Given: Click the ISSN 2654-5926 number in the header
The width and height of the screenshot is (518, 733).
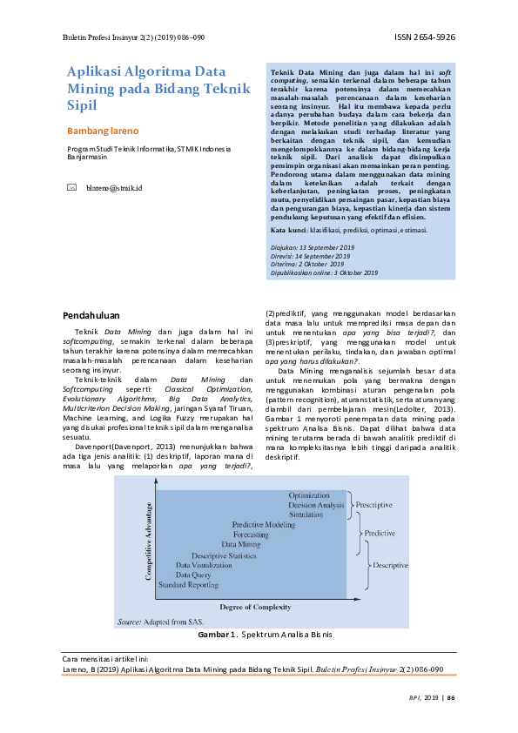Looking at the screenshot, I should [x=425, y=38].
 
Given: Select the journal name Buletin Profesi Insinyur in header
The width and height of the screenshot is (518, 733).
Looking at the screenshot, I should [x=104, y=38].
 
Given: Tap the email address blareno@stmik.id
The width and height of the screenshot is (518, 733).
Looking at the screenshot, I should [x=115, y=187].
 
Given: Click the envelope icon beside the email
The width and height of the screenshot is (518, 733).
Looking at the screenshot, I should [x=72, y=187].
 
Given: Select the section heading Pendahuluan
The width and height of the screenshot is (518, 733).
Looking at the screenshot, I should [x=93, y=314].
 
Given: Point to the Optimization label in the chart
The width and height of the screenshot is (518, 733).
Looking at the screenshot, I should [x=309, y=494].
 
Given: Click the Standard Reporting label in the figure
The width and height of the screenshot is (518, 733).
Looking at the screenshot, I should [x=188, y=585].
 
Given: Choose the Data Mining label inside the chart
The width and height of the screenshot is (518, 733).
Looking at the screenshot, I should [x=241, y=544].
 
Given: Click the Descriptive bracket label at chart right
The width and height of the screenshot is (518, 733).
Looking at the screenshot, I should [x=390, y=565].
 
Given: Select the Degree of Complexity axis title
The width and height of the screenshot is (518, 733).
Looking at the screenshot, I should [x=254, y=605].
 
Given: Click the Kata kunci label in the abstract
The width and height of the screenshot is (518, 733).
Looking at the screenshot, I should [x=289, y=229].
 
